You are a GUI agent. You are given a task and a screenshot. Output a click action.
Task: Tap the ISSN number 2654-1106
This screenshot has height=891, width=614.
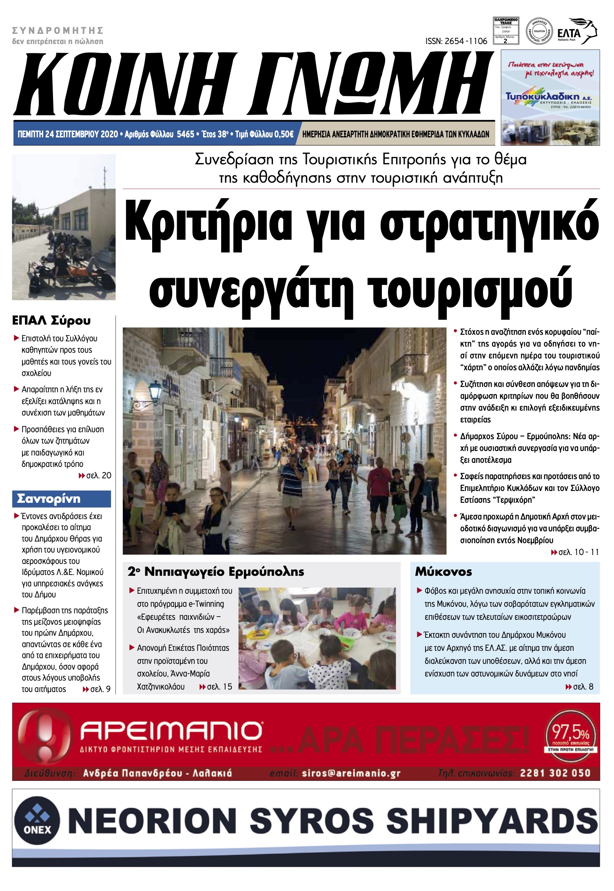[456, 41]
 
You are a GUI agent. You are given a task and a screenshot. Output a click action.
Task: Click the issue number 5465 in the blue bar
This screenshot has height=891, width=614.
[186, 134]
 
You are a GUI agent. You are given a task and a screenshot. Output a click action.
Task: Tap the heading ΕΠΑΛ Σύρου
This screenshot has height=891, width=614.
[51, 321]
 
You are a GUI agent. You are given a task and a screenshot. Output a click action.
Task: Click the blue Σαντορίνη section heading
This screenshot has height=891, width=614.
[49, 499]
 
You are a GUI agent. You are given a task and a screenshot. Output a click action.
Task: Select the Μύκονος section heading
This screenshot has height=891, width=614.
[443, 572]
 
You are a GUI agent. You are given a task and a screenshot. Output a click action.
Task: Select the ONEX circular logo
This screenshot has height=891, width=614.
[37, 820]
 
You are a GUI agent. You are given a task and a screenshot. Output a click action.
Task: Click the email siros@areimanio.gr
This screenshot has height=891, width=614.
[351, 773]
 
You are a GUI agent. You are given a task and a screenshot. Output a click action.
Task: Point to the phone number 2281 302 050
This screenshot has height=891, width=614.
[555, 773]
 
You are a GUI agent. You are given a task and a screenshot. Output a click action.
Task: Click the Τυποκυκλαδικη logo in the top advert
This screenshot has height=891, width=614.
[549, 97]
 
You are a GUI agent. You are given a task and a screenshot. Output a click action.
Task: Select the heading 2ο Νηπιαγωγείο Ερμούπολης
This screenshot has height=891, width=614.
[216, 572]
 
